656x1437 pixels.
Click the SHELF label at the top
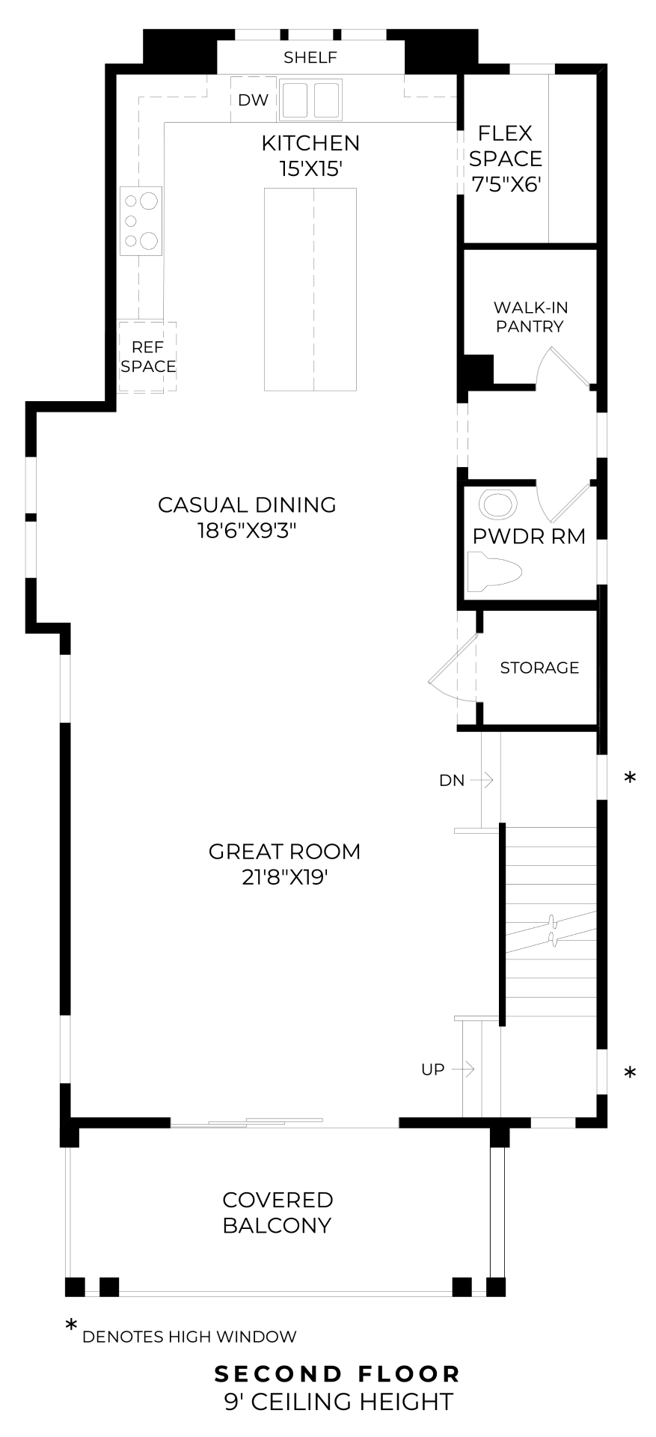(310, 58)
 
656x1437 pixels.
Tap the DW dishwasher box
(254, 100)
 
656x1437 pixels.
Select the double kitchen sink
(310, 100)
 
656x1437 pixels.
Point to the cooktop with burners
(141, 221)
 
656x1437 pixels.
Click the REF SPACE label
(148, 357)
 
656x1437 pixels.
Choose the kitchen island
(310, 290)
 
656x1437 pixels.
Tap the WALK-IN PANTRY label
(530, 317)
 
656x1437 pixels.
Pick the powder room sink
(498, 504)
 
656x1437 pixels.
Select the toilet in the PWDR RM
(494, 573)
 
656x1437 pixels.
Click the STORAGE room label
(539, 668)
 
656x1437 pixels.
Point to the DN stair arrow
(482, 781)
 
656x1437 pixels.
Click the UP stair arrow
(463, 1070)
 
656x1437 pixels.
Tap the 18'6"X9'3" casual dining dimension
(247, 531)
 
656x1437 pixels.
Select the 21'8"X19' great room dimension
(285, 877)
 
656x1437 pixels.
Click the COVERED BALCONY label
(278, 1212)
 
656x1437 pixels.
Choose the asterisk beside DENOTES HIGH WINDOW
(71, 1325)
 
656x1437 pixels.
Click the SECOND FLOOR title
(337, 1374)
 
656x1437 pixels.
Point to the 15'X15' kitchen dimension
(310, 169)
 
